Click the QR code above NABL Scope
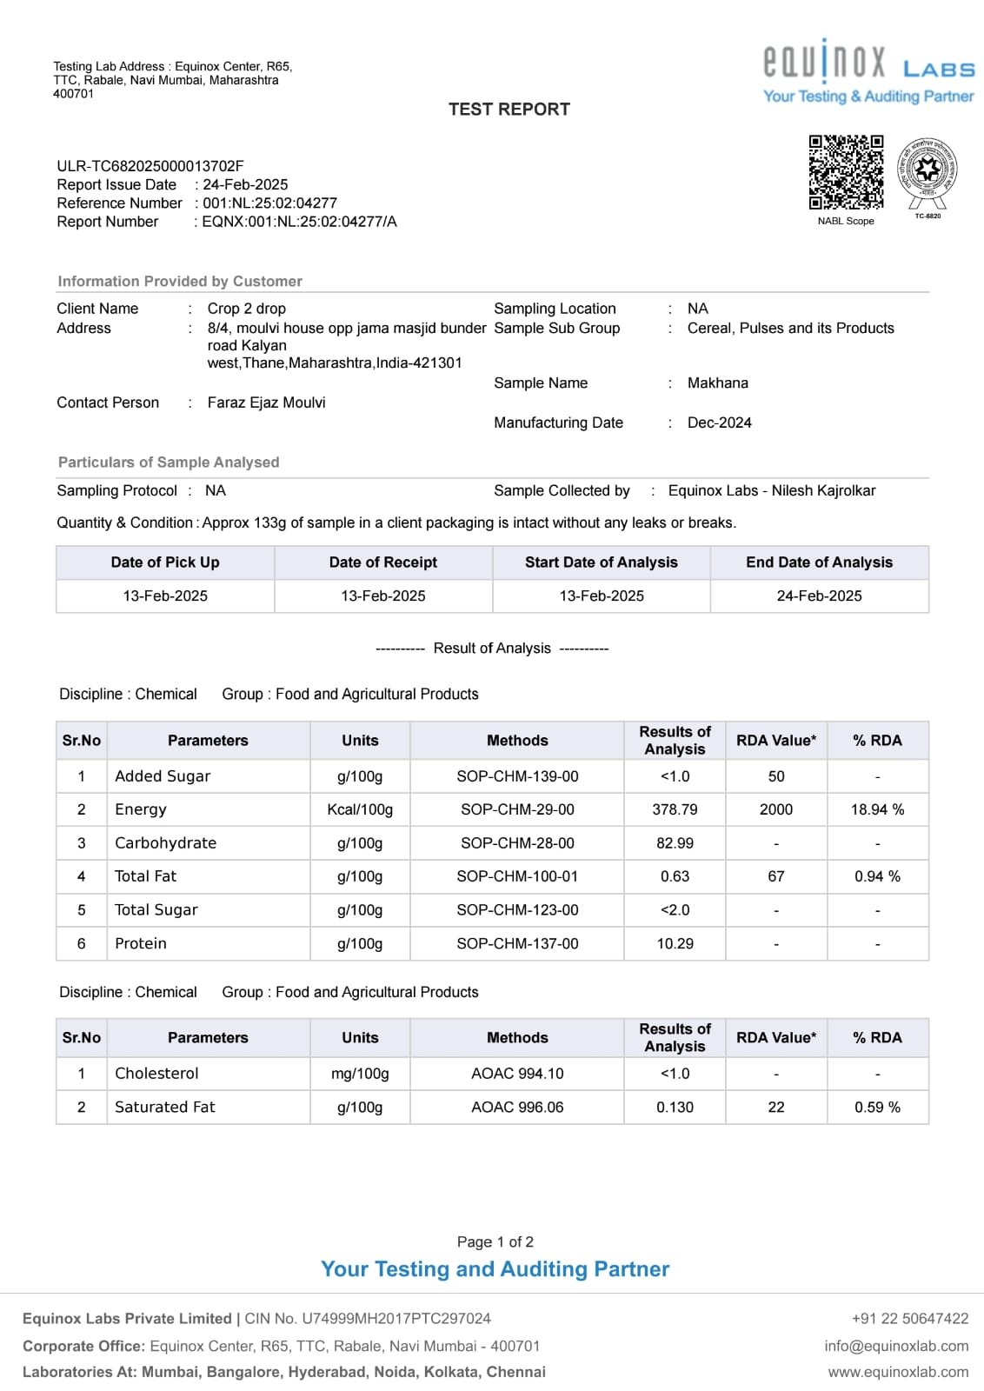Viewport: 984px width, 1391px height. click(x=846, y=171)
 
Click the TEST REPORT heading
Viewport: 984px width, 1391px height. click(x=509, y=110)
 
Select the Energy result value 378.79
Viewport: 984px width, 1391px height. click(x=675, y=809)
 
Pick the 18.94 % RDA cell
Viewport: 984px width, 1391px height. click(x=877, y=809)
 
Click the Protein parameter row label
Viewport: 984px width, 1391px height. click(x=141, y=943)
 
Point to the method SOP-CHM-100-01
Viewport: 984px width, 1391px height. click(x=517, y=876)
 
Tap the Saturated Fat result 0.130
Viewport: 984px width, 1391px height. click(x=675, y=1107)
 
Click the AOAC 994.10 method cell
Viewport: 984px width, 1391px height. click(x=517, y=1074)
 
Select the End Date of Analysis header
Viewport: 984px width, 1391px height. click(x=819, y=562)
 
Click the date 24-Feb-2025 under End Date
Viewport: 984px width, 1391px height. click(x=819, y=596)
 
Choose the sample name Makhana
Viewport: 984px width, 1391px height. click(x=717, y=383)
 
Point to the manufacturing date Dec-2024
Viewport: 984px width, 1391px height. click(x=719, y=423)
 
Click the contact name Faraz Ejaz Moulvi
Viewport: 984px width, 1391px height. click(x=266, y=403)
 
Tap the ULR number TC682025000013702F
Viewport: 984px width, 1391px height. click(x=150, y=166)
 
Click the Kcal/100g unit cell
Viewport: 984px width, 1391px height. click(x=360, y=809)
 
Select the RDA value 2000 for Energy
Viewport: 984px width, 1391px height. click(x=775, y=809)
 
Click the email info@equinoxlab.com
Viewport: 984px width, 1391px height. click(x=896, y=1346)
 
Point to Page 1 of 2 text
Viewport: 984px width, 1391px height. click(x=495, y=1241)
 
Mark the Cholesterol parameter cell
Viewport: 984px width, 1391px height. click(x=157, y=1074)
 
